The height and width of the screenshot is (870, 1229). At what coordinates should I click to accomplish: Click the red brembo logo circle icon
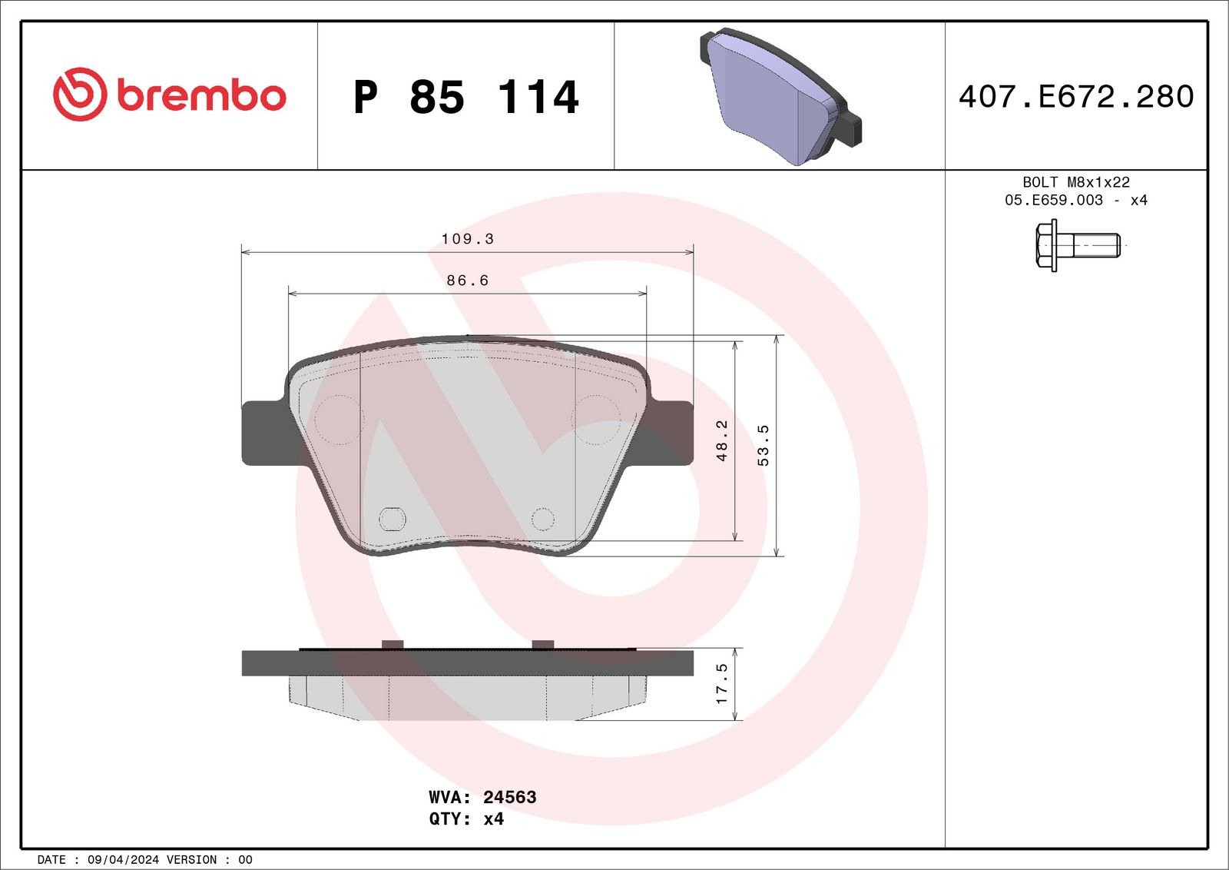tap(79, 95)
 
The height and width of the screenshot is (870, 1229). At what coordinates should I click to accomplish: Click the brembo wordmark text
tap(201, 96)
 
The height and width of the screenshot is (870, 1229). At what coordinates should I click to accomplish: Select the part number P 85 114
tap(465, 98)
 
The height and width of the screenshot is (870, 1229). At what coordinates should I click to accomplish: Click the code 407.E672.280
tap(1075, 97)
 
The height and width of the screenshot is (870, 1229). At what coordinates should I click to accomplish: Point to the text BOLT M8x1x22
tap(1075, 182)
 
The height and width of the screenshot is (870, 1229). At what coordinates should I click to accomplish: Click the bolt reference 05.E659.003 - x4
tap(1075, 200)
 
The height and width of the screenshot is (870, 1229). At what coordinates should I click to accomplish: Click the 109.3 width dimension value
tap(467, 239)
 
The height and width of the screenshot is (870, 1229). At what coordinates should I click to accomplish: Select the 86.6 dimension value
tap(467, 281)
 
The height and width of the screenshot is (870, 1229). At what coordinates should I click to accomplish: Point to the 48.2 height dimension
tap(721, 440)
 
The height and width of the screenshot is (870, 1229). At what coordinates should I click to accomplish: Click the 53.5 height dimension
tap(763, 446)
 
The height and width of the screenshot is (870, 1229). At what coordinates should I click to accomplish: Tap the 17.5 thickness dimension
tap(721, 683)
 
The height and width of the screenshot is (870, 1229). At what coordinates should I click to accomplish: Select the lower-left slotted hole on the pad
tap(393, 519)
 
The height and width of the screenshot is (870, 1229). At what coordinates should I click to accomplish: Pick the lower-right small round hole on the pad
tap(542, 519)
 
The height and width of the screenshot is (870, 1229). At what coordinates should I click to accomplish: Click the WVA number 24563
tap(509, 797)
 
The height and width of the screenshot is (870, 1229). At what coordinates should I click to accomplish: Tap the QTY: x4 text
tap(466, 819)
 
